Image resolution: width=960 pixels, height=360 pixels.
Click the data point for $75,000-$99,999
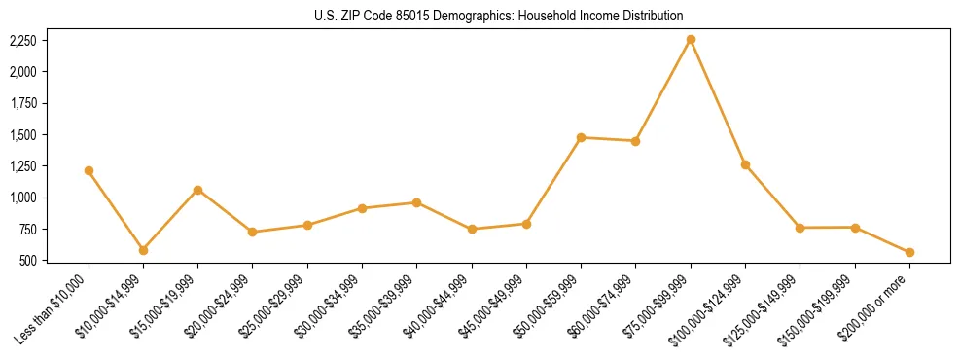tap(691, 39)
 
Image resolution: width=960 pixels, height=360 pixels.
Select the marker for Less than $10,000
tap(89, 170)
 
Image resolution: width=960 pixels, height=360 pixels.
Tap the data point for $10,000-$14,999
tap(143, 250)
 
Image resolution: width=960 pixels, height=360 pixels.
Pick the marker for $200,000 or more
tap(909, 252)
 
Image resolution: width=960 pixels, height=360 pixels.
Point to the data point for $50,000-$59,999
tap(581, 137)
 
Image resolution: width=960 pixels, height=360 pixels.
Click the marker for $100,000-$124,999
tap(745, 164)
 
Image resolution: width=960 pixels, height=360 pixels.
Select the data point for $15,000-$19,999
tap(197, 190)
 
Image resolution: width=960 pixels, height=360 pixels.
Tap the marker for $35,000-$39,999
tap(416, 202)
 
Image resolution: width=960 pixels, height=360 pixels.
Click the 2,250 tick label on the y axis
tap(22, 41)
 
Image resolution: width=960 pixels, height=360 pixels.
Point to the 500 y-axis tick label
tap(28, 261)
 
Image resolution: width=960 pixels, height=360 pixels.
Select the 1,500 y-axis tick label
tap(22, 135)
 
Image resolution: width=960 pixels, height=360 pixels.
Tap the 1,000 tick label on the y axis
tap(22, 198)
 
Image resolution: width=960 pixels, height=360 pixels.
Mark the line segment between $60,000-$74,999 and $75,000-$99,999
tap(663, 90)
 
